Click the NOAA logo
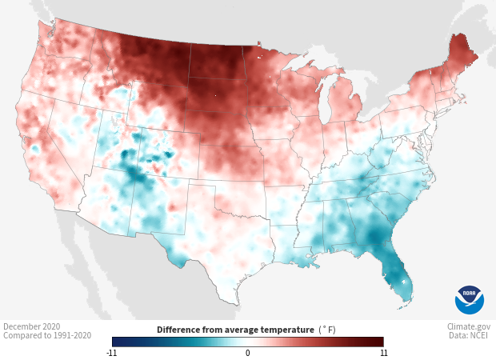click(469, 299)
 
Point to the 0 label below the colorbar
click(248, 353)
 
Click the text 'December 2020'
click(31, 326)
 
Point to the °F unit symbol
click(328, 330)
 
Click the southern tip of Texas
click(233, 299)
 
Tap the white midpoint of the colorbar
click(248, 342)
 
